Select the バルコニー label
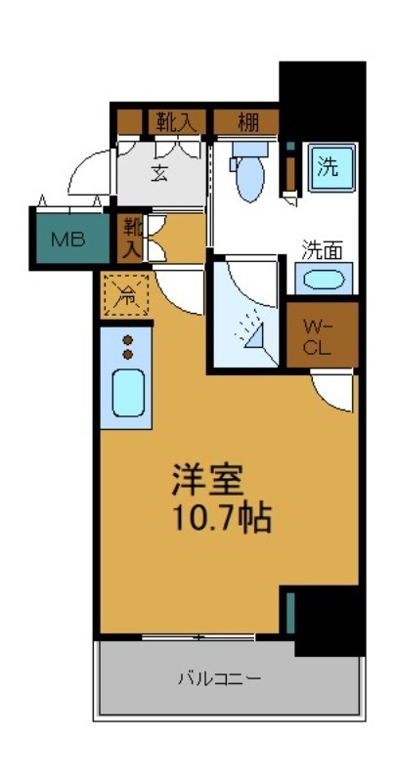[x=219, y=677]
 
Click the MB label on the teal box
[x=66, y=239]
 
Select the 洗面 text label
[x=322, y=248]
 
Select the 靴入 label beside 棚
[x=176, y=122]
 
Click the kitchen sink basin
[x=127, y=393]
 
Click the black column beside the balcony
[x=329, y=622]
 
